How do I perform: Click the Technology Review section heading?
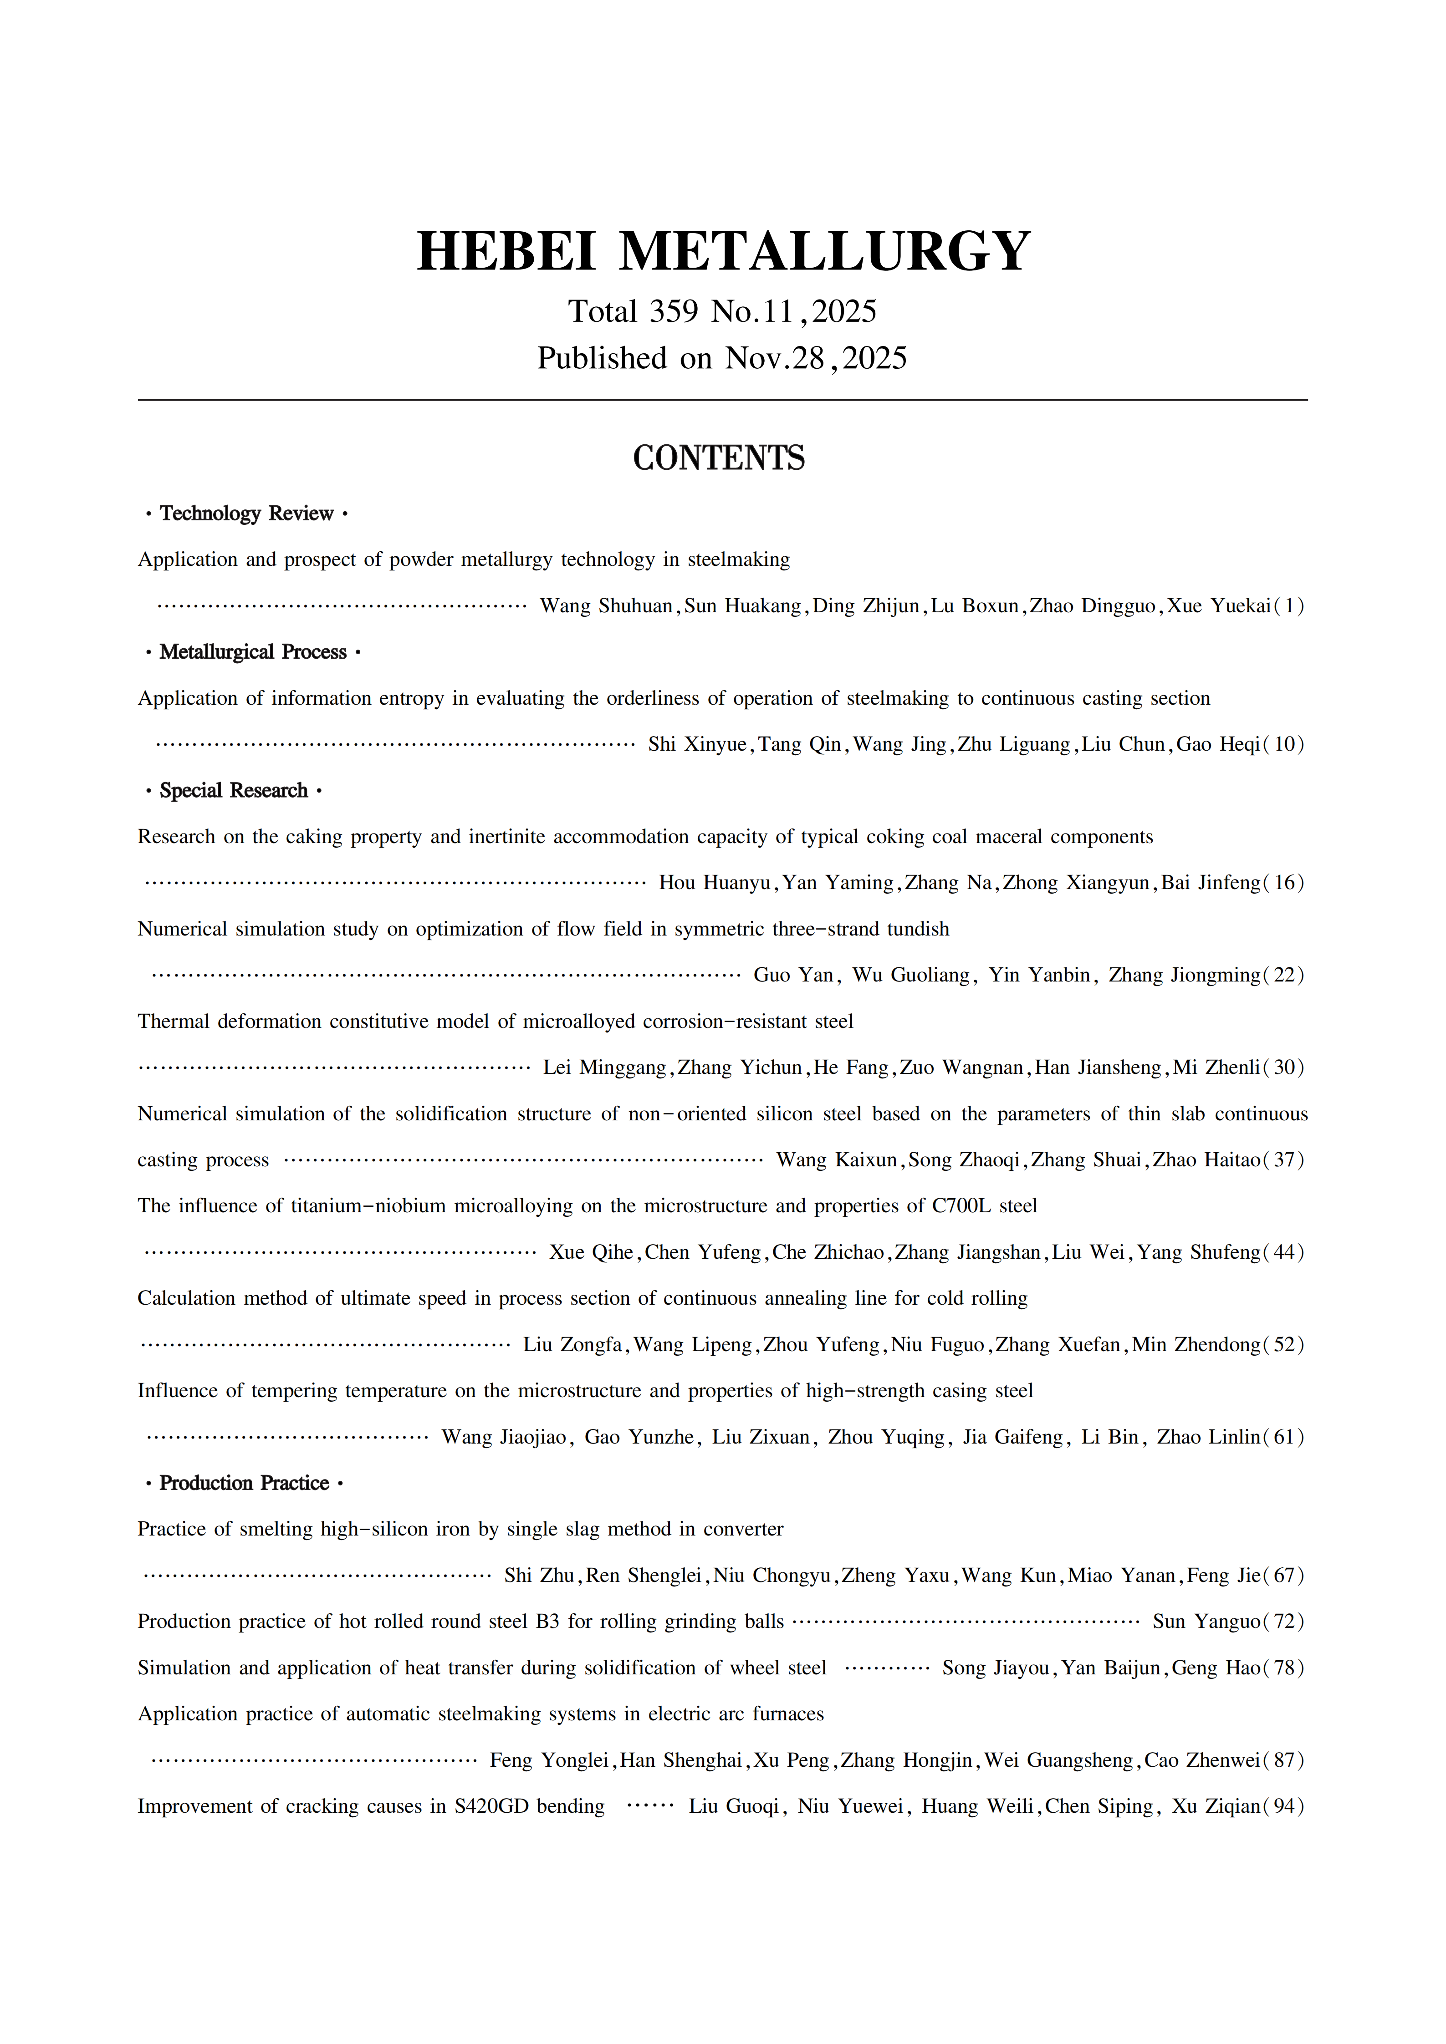pyautogui.click(x=246, y=514)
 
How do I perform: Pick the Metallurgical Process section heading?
pyautogui.click(x=253, y=652)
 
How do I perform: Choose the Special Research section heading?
pyautogui.click(x=233, y=791)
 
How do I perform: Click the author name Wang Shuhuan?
pyautogui.click(x=606, y=606)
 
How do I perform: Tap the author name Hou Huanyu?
pyautogui.click(x=714, y=883)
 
